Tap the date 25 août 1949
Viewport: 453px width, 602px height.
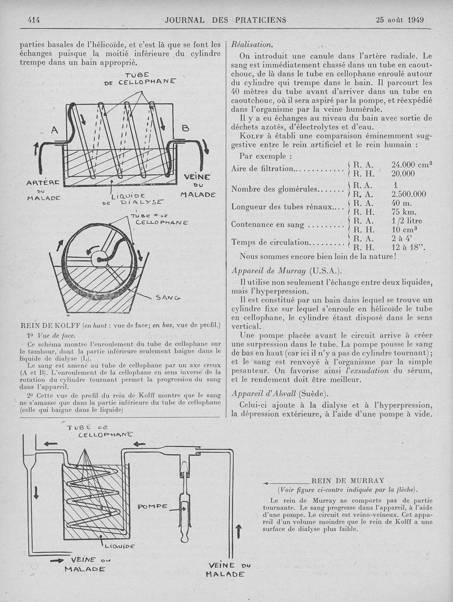(x=400, y=20)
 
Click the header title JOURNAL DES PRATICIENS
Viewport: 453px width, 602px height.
(x=225, y=20)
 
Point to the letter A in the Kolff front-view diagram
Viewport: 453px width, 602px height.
(x=55, y=130)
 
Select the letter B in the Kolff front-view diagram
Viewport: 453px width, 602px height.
(x=185, y=129)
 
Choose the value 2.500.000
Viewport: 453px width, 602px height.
(x=409, y=193)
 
